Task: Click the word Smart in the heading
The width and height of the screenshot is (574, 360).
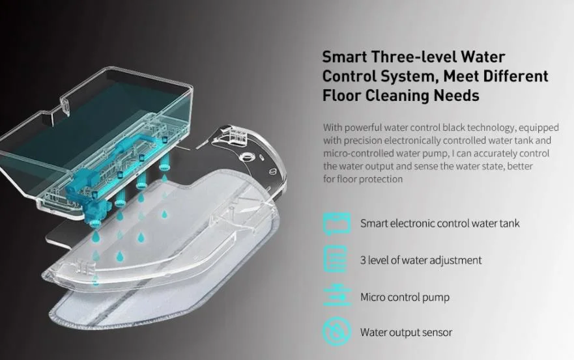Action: pyautogui.click(x=344, y=57)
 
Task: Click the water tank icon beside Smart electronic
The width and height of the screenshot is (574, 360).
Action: pyautogui.click(x=337, y=223)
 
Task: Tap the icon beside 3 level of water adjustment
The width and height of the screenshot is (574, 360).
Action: pyautogui.click(x=336, y=259)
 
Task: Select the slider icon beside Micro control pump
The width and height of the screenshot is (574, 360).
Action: pyautogui.click(x=337, y=295)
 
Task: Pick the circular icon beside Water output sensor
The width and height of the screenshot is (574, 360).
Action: pyautogui.click(x=337, y=332)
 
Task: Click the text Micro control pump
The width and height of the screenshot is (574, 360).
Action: pyautogui.click(x=405, y=297)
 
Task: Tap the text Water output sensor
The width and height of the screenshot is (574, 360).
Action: pyautogui.click(x=406, y=332)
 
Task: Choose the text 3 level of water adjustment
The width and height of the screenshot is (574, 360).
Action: pyautogui.click(x=421, y=260)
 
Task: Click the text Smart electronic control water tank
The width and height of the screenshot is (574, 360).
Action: pyautogui.click(x=440, y=223)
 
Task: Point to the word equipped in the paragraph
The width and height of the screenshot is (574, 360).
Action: pyautogui.click(x=539, y=128)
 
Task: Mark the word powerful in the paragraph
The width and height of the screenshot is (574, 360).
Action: pyautogui.click(x=363, y=128)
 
